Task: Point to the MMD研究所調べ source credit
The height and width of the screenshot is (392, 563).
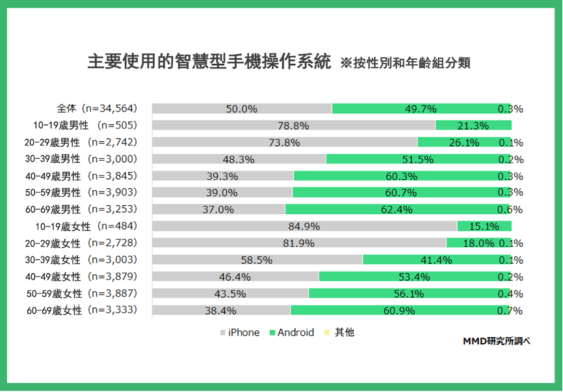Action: point(496,342)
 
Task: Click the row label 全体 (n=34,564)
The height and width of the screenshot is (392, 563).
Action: point(96,109)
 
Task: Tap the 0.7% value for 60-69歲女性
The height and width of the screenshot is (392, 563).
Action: point(510,311)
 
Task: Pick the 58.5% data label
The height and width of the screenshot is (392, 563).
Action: point(256,260)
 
